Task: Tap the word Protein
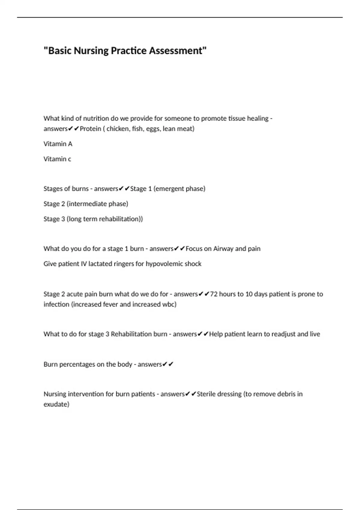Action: [x=90, y=129]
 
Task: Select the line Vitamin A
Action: [x=58, y=144]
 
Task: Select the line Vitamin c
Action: [x=57, y=159]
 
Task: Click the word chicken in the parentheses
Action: [x=117, y=129]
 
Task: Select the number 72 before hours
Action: [x=214, y=294]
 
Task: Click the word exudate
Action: [x=56, y=404]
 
